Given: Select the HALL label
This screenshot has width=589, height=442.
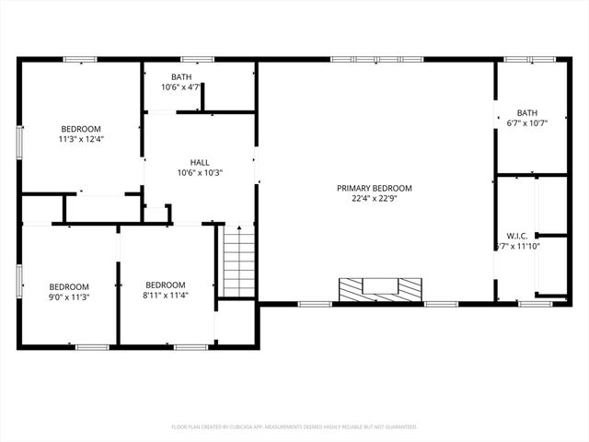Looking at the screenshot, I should click(200, 161).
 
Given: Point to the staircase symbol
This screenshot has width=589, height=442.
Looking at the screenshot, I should click(238, 262).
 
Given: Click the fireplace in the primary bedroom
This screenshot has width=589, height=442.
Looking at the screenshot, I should click(378, 289).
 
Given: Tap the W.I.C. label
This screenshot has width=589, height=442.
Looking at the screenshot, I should click(516, 236).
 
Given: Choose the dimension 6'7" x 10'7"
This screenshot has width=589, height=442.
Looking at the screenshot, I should click(526, 122).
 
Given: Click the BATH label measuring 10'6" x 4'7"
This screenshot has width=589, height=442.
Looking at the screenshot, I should click(181, 76).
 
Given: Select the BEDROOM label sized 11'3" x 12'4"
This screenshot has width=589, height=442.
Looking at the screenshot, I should click(81, 129).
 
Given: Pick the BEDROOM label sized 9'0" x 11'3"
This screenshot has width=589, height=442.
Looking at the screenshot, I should click(69, 285).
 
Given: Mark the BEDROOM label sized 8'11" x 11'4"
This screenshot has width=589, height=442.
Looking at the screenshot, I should click(166, 285).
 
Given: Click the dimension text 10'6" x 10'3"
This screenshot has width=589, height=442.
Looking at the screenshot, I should click(200, 172).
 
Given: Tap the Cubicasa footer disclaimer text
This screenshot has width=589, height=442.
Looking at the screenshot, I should click(294, 426).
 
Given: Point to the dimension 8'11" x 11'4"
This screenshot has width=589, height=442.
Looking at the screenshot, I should click(166, 297).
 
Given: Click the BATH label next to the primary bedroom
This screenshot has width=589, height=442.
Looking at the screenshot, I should click(526, 112).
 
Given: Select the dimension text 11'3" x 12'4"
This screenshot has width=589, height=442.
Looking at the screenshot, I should click(81, 140).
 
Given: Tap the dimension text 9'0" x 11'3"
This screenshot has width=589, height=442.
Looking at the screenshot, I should click(69, 297).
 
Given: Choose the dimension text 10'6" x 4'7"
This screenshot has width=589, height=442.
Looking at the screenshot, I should click(181, 87).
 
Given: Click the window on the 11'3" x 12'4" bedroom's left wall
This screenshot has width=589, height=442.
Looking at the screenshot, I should click(19, 143).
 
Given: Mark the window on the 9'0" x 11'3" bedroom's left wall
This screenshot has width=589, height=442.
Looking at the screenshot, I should click(19, 281).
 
